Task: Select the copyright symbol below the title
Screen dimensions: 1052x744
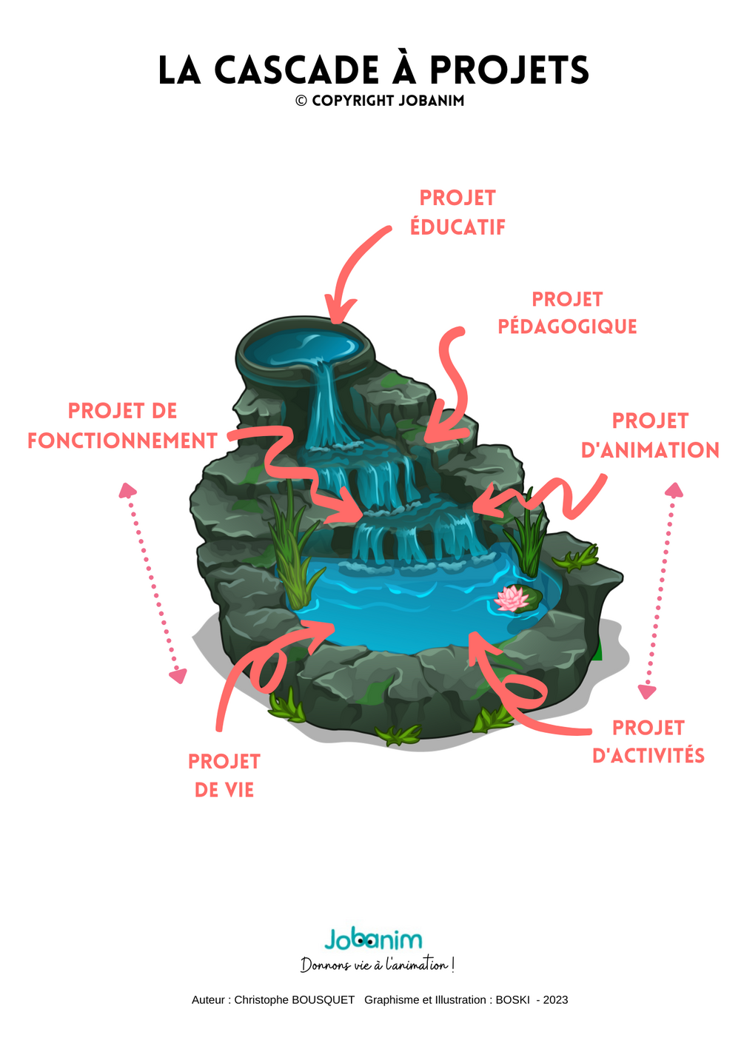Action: coord(301,101)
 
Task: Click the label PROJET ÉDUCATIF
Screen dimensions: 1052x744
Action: coord(458,212)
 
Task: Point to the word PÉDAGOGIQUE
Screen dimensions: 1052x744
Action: coord(567,326)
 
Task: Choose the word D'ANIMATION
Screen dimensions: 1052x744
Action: coord(650,450)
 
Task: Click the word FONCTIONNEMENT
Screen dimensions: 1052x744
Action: coord(123,441)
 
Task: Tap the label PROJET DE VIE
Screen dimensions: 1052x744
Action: coord(224,775)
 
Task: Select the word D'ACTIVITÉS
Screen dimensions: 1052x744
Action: coord(649,756)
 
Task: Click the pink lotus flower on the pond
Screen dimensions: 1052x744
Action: coord(511,598)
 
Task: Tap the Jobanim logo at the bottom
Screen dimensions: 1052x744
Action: coord(373,940)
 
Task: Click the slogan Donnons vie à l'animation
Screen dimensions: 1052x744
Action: coord(378,965)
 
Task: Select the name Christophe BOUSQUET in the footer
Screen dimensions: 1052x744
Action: coord(294,1000)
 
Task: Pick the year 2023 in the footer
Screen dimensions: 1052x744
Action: coord(555,1000)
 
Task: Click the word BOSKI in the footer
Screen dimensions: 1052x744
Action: coord(512,1000)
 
